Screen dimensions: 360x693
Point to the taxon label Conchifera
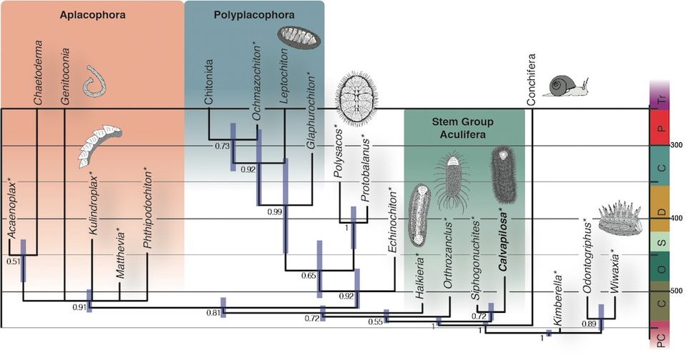[532, 79]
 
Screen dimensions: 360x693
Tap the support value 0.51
[13, 261]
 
